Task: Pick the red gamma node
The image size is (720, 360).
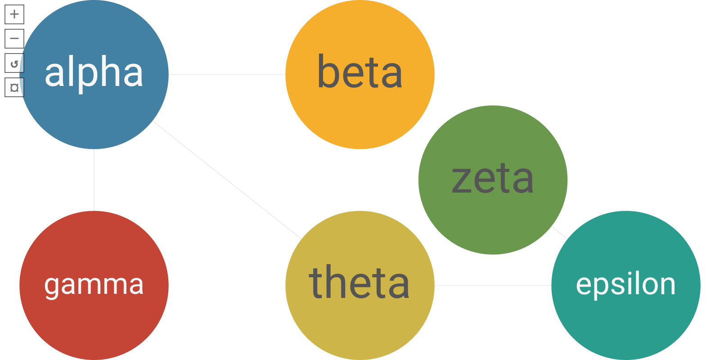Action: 94,324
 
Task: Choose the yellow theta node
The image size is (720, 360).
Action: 360,328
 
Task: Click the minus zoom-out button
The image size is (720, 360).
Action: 14,39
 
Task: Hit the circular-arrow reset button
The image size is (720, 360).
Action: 14,63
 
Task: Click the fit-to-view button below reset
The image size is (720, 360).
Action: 14,87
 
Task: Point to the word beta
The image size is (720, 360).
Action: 360,73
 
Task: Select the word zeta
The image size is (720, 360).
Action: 493,179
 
